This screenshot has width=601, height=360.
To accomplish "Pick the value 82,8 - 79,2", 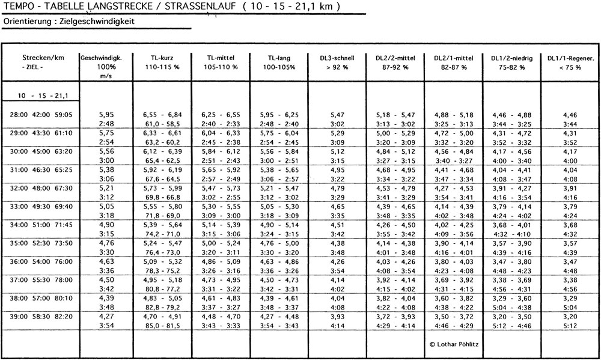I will [x=163, y=305].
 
